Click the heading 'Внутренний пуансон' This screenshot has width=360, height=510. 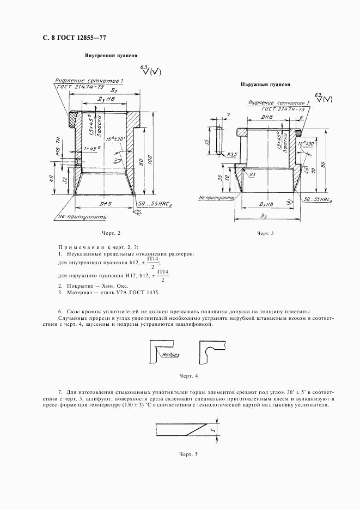click(111, 56)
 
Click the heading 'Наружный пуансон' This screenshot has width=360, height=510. click(266, 85)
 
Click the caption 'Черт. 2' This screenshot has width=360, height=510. click(111, 233)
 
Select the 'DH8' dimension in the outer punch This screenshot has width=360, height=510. click(267, 117)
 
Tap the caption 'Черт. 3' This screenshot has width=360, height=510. click(265, 233)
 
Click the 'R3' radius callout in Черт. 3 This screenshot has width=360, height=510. click(253, 174)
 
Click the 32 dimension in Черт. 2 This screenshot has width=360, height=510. click(65, 180)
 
